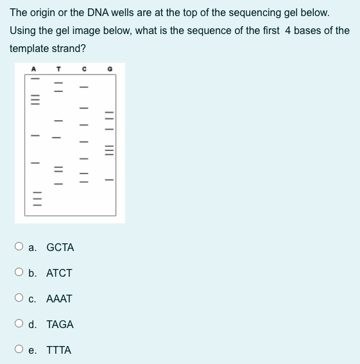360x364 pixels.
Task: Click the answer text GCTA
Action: point(60,247)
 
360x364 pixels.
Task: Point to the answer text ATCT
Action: point(60,273)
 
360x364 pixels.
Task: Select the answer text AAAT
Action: point(60,299)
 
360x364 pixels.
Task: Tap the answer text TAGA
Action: point(60,324)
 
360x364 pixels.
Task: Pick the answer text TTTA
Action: point(59,350)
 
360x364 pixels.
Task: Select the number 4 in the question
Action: point(288,30)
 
